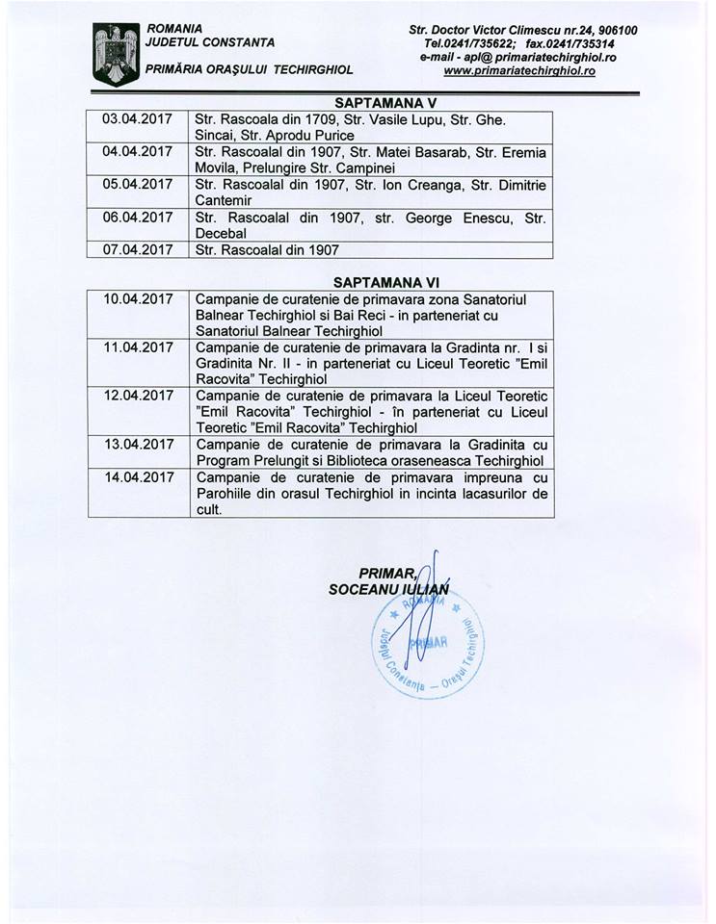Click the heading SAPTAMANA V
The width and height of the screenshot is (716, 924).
tap(373, 99)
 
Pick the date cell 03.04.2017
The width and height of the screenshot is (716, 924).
tap(135, 118)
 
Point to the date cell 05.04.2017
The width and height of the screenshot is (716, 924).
tap(135, 184)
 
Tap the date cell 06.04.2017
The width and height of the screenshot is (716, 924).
tap(135, 218)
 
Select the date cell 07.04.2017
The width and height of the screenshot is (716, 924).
tap(135, 249)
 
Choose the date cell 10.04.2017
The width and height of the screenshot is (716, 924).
tap(136, 299)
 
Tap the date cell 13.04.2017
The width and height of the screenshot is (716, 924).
tap(136, 443)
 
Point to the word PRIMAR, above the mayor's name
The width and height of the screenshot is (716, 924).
tap(385, 573)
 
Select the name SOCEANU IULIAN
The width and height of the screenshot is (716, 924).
tap(388, 588)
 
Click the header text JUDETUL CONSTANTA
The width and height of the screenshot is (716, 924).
tap(209, 41)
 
